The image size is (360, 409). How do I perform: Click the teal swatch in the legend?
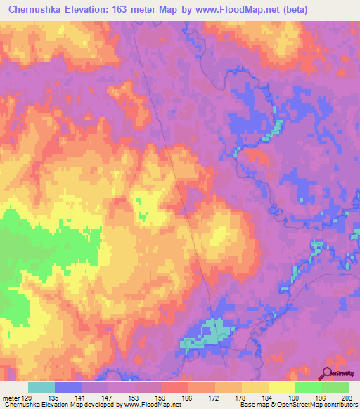click(x=41, y=387)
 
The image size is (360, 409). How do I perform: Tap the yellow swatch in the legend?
click(x=282, y=387)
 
